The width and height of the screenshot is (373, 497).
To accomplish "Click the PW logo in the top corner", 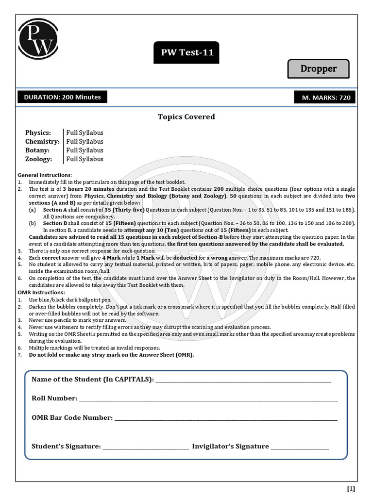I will pos(38,38).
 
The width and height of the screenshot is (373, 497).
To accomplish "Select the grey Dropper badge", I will pos(318,68).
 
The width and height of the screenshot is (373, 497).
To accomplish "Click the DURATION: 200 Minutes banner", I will pos(63,97).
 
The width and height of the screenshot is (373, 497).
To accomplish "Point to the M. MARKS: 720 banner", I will pos(326,98).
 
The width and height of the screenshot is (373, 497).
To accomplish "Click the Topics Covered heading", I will pos(186,116).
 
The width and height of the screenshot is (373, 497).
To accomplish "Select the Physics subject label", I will pos(37,133).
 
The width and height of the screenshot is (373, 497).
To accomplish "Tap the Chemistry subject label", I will pos(42,141).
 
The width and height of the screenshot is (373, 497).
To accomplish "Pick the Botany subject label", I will pos(37,150).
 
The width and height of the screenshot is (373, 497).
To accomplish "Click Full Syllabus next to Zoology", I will pos(85,159).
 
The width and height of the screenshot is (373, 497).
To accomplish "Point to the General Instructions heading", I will pos(44,175).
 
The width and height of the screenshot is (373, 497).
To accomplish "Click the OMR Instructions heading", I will pos(41,292).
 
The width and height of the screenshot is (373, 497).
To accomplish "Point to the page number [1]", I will pos(351,488).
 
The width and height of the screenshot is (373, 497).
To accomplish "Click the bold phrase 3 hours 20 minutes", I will pos(89,188).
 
